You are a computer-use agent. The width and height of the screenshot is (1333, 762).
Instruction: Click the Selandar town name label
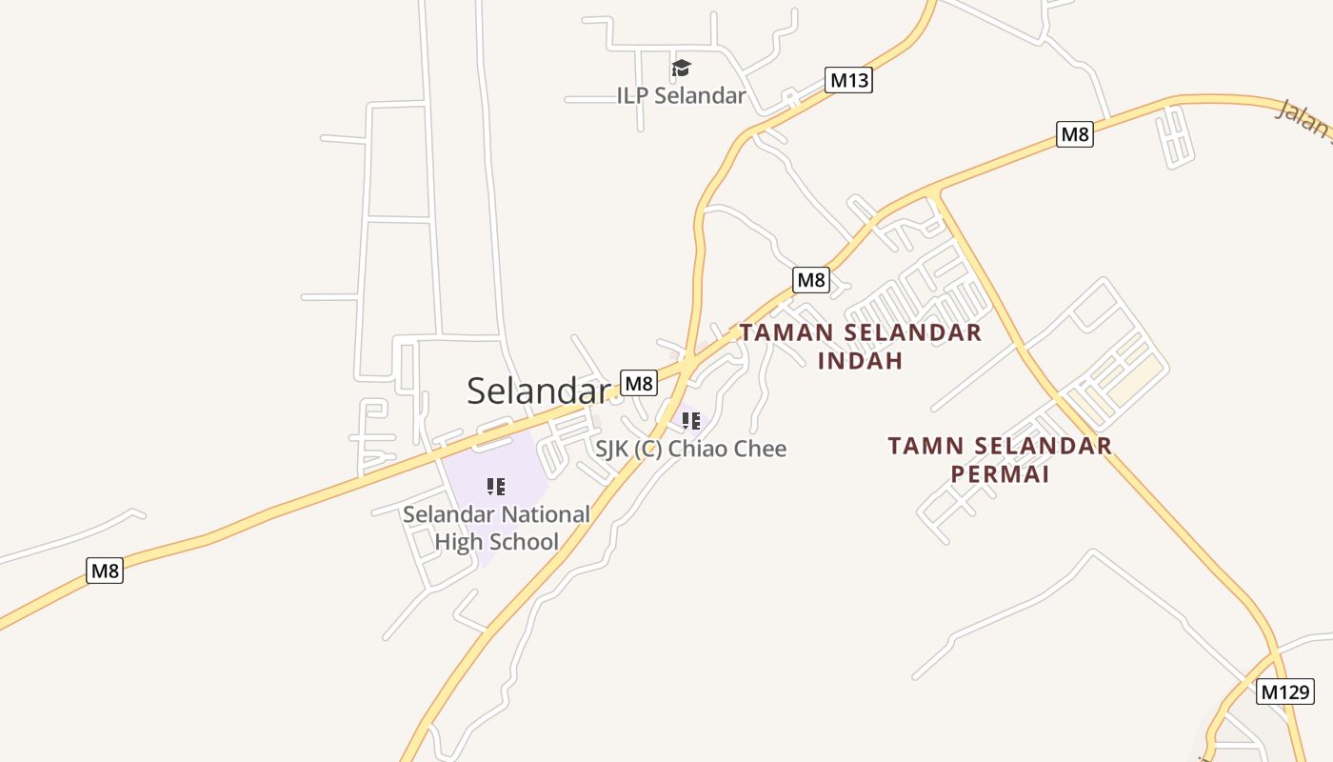click(x=538, y=391)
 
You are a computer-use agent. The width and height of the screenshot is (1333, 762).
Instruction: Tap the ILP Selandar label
click(x=681, y=95)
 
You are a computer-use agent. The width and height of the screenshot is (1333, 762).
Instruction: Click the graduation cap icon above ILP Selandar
click(x=681, y=69)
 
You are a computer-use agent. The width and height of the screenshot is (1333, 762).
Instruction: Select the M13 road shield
click(x=848, y=80)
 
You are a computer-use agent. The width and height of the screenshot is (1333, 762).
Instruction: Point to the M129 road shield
click(x=1285, y=692)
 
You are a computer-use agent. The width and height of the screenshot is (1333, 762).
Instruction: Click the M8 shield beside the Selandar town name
click(x=639, y=383)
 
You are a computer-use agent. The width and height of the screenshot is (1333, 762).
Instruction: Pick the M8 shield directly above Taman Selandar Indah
click(x=810, y=280)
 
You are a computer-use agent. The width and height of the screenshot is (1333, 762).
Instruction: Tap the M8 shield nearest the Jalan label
click(x=1074, y=134)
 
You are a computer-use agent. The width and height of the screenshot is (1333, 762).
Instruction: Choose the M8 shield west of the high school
click(x=105, y=571)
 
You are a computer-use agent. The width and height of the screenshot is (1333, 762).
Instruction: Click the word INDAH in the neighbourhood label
click(x=860, y=361)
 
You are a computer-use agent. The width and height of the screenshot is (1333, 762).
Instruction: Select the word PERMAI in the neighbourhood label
click(x=1000, y=473)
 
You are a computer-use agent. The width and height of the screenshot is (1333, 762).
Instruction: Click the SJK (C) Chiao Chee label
click(x=691, y=449)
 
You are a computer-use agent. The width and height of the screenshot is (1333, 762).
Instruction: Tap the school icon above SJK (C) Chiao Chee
click(x=691, y=420)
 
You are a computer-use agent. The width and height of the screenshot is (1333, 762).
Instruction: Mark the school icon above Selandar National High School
click(x=495, y=487)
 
